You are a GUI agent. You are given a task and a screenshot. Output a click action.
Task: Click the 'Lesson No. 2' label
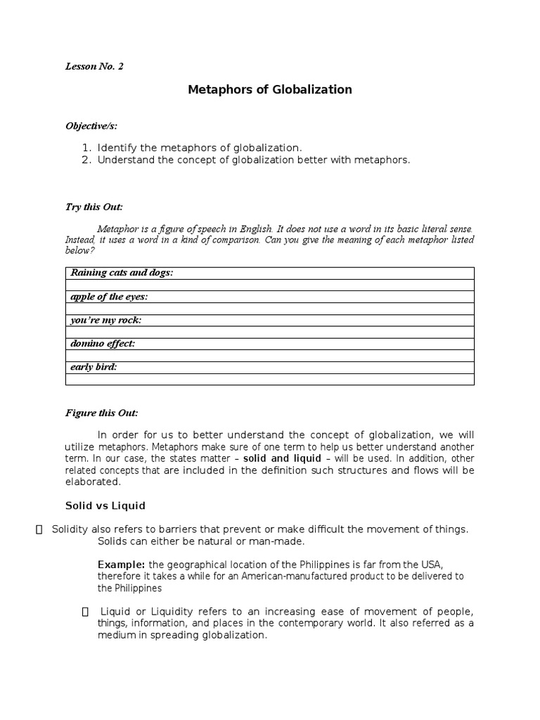tap(94, 67)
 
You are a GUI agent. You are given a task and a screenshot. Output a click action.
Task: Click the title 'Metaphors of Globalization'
tap(270, 90)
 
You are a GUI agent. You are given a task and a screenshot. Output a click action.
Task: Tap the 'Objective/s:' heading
tap(91, 126)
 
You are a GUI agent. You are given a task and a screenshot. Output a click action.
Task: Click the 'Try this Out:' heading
tap(94, 207)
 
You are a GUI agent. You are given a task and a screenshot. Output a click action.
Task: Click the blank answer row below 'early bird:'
tap(269, 380)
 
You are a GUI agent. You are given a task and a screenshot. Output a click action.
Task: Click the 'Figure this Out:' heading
tap(102, 413)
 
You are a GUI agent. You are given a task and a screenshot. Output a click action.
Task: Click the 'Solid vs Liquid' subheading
tap(105, 506)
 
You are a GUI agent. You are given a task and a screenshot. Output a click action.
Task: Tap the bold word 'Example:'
tap(121, 565)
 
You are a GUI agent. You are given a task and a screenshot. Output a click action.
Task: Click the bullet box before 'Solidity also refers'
tap(39, 529)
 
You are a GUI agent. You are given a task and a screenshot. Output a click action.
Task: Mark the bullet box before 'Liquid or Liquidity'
tap(86, 612)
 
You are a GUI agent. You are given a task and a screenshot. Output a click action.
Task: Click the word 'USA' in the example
tap(430, 565)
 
